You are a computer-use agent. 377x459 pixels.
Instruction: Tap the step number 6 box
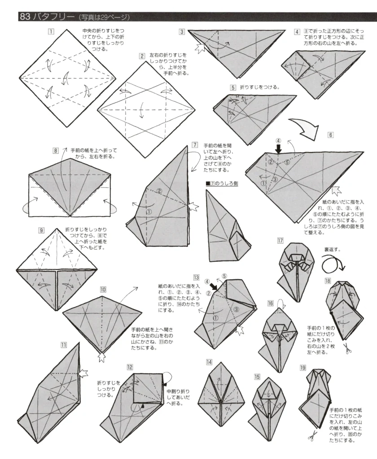coord(331,134)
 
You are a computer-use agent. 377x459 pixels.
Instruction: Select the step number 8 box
coord(56,151)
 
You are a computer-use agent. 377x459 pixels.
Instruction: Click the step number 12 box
coord(130,367)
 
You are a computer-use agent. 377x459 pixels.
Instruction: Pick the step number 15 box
coord(257,377)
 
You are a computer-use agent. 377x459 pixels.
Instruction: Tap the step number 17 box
coord(281,241)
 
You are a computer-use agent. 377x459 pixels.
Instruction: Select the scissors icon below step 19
coord(310,435)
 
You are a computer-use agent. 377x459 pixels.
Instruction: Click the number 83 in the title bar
coord(25,17)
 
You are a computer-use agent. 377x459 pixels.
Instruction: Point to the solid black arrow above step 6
coord(279,150)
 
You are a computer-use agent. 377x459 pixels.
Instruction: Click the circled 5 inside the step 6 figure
coord(287,162)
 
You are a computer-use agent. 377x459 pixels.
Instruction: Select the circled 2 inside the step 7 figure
coord(160,192)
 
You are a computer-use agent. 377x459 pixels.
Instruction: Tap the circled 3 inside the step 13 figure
coord(237,309)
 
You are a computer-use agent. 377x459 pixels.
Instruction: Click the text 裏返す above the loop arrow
coord(333,249)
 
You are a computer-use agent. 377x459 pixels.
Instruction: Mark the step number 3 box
coord(182,32)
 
